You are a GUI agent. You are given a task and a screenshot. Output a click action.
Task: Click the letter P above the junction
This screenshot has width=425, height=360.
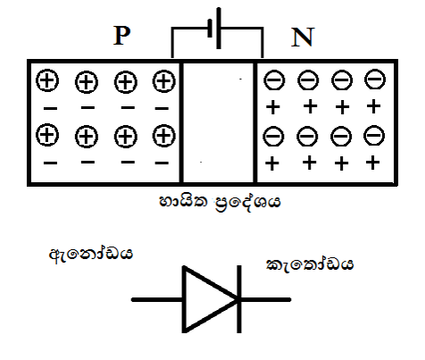[122, 36]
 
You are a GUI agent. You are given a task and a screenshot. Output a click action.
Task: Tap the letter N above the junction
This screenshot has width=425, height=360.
[303, 38]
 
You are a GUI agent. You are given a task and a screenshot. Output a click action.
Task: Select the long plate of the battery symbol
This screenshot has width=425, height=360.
[219, 29]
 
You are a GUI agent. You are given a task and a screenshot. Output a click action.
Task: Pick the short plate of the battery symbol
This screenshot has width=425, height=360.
[210, 29]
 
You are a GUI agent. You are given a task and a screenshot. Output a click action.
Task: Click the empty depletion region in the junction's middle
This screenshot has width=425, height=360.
[219, 122]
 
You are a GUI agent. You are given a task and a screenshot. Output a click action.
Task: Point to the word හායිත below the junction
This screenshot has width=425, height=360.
[183, 202]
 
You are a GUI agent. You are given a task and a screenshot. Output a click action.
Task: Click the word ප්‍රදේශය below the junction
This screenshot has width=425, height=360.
[247, 204]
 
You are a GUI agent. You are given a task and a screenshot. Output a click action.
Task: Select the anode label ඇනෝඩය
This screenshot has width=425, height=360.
[91, 254]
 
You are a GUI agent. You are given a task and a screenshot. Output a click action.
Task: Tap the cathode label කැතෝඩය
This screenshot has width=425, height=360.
[310, 264]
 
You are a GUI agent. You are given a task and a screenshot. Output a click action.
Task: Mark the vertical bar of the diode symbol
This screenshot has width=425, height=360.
[239, 299]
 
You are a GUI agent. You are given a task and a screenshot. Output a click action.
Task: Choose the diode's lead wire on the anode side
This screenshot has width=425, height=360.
[157, 299]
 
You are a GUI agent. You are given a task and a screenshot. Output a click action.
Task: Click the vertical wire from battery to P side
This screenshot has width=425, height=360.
[172, 42]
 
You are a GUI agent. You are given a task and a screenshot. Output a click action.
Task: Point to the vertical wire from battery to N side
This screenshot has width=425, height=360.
[262, 42]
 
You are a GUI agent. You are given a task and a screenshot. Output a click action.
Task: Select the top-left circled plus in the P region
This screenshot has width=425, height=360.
[47, 80]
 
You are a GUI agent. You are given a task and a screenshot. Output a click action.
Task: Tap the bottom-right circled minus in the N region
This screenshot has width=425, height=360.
[374, 136]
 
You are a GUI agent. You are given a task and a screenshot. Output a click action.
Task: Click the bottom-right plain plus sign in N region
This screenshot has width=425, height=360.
[372, 163]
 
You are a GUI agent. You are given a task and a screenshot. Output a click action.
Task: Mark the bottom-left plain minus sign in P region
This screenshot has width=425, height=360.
[50, 163]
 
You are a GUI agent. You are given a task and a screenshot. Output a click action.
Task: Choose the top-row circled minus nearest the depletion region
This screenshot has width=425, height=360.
[274, 80]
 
